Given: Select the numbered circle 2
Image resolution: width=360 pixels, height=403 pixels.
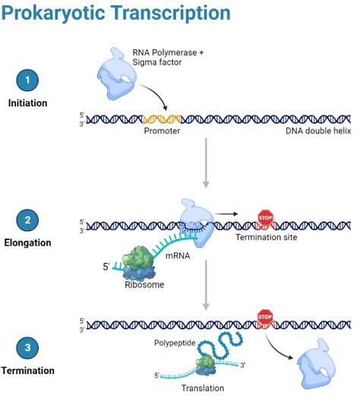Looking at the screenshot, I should point(27,221).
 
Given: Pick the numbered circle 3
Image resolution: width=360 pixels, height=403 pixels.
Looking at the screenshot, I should point(27,349).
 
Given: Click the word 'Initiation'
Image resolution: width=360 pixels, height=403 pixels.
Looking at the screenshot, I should point(28,103).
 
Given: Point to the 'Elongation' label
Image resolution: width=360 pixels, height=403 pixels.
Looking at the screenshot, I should point(28,243).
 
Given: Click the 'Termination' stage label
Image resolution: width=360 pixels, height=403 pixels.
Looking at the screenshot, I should point(28,370).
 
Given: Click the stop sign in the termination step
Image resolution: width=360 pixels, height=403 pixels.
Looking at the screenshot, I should point(265,315).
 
